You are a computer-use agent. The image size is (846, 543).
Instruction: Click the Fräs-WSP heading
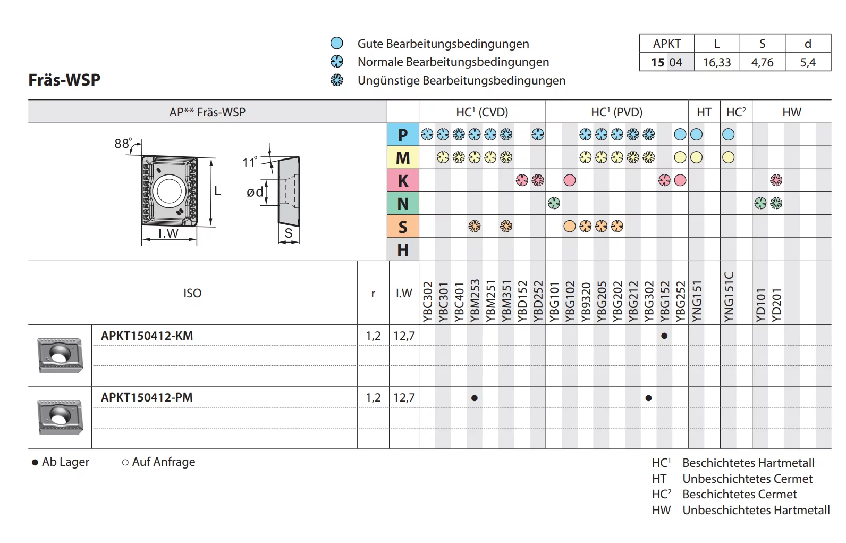coord(64,80)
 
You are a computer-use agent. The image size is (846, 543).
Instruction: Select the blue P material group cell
coord(403,135)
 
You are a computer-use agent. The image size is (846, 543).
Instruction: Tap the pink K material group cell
coord(403,181)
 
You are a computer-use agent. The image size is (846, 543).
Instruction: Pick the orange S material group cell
coord(403,227)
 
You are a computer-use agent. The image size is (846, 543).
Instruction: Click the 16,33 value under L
coord(717,63)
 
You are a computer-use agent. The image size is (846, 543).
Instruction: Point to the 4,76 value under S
coord(762,63)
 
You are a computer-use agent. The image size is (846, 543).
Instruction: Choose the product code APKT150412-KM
coord(147,336)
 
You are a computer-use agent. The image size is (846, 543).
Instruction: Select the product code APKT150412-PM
coord(147,398)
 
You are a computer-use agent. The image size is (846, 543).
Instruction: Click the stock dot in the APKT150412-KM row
coord(664,336)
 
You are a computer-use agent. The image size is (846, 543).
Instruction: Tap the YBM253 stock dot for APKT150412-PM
coord(475,398)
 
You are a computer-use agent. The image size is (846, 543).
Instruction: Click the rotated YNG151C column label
coord(729,297)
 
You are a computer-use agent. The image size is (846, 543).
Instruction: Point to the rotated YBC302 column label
coord(427,302)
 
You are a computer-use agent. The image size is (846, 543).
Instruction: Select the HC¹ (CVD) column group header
coord(482,112)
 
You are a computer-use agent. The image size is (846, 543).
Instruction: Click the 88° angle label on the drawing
coord(123,144)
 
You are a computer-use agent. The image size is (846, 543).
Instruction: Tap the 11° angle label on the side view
coord(249,163)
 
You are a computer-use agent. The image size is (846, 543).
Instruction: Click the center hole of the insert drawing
coord(169,190)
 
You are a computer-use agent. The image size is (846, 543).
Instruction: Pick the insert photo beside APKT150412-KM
coord(60,355)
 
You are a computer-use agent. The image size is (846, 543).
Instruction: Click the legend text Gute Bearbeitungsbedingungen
coord(443,44)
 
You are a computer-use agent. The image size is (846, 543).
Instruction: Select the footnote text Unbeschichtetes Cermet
coord(747,479)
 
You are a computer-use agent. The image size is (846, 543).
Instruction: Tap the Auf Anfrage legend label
coord(163,462)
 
